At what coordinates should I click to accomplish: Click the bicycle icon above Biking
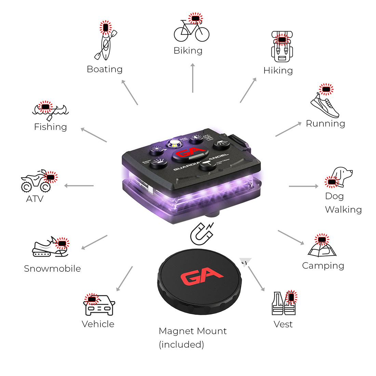point(191,30)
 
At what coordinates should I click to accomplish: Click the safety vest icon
point(284,304)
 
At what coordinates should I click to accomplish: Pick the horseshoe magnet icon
point(201,234)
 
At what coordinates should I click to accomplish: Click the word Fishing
point(50,127)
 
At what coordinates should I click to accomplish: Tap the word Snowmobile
point(52,269)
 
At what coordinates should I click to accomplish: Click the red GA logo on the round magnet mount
point(201,277)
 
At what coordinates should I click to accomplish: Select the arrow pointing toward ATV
point(79,186)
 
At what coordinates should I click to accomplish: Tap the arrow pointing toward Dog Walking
point(303,186)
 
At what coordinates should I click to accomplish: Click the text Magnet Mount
point(193,331)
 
